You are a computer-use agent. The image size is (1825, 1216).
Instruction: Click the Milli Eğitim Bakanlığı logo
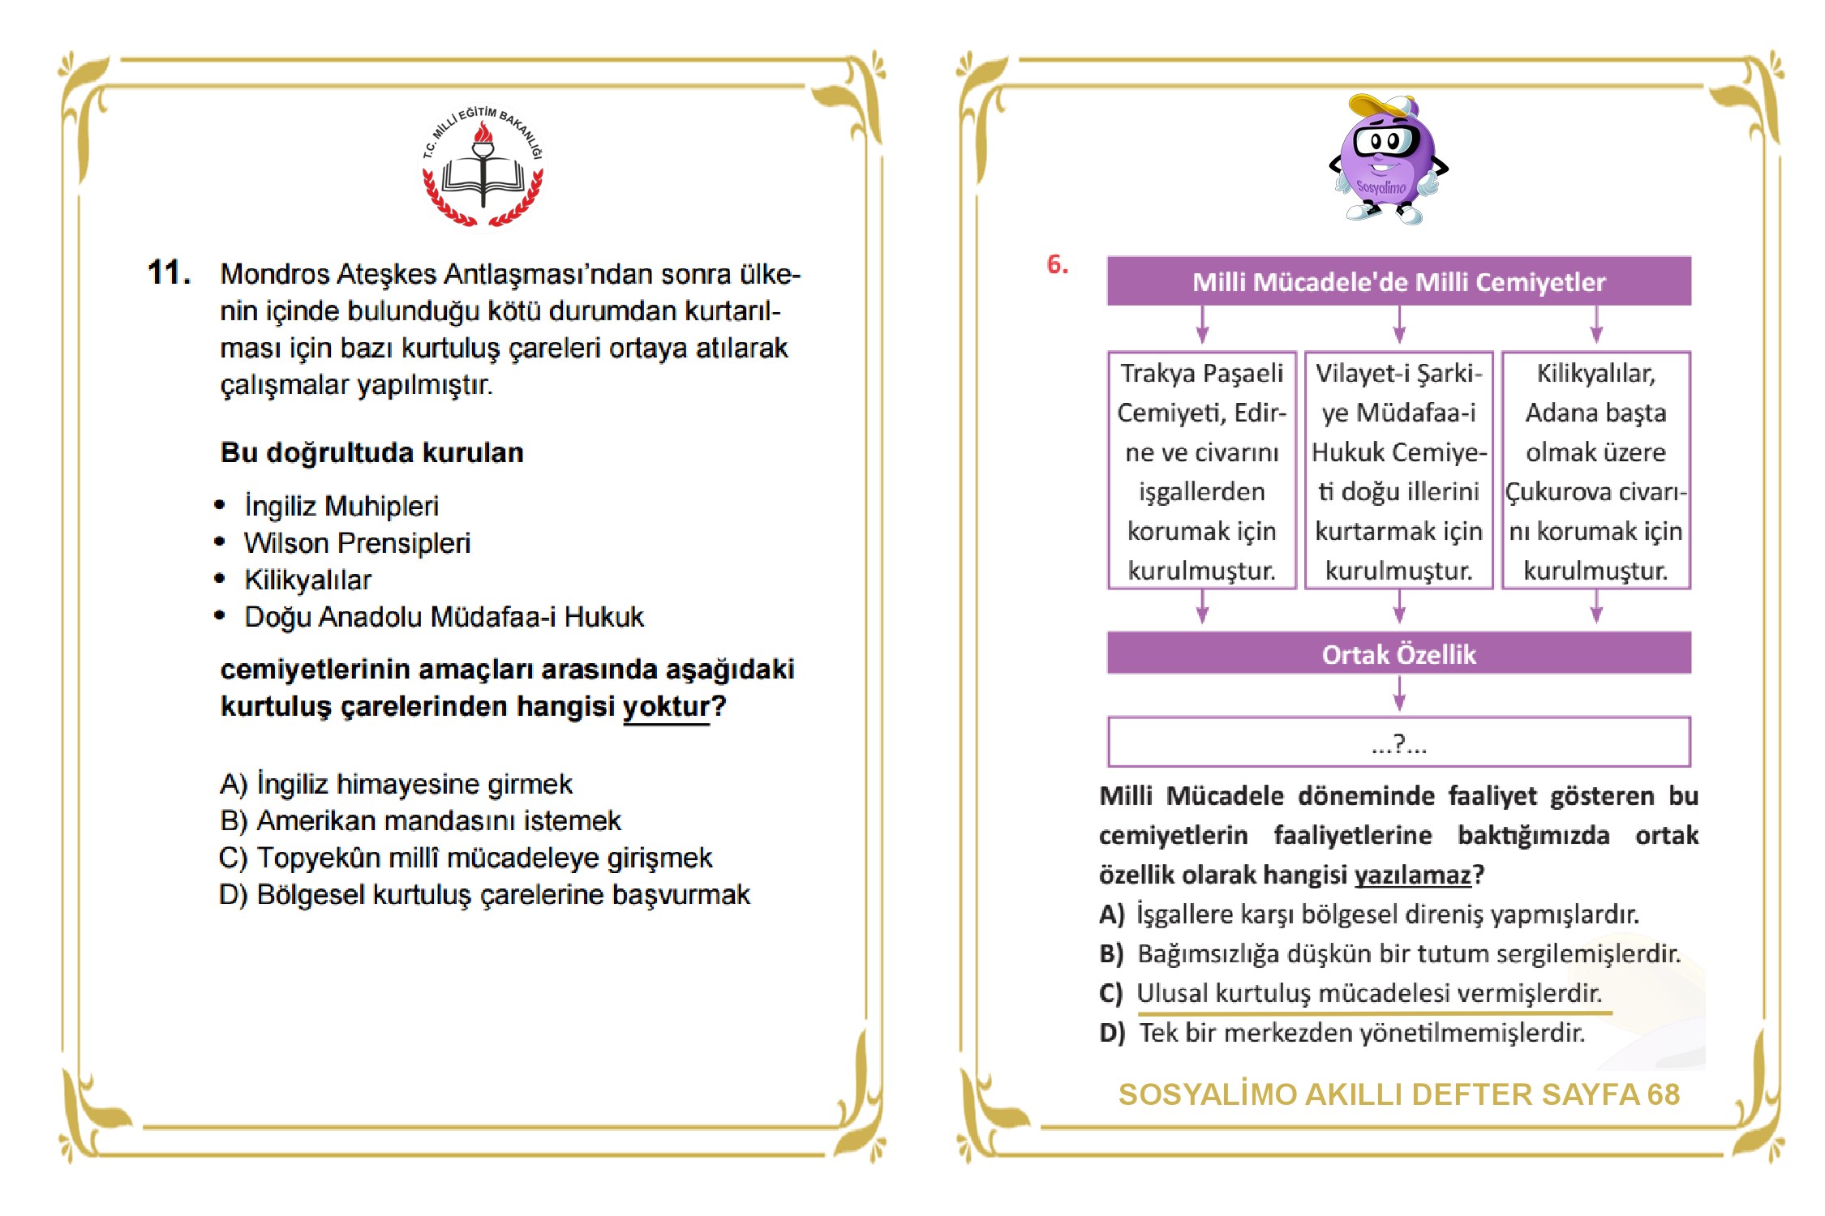coord(483,167)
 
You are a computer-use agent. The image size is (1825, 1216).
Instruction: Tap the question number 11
coord(169,273)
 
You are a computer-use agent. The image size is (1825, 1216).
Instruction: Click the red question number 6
coord(1057,264)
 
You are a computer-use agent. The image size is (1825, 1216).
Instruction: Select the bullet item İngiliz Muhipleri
coord(341,506)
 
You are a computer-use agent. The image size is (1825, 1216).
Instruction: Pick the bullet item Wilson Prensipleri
coord(357,543)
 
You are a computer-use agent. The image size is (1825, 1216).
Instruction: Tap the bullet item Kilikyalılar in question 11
coord(307,580)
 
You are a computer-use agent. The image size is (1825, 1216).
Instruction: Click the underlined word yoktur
coord(666,707)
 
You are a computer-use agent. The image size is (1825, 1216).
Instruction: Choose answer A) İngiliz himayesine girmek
coord(396,784)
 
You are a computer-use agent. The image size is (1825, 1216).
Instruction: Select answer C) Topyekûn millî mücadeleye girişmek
coord(466,858)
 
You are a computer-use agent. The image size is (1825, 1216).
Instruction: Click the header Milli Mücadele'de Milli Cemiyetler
coord(1398,281)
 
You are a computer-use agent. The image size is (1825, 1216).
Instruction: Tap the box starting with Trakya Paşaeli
coord(1202,470)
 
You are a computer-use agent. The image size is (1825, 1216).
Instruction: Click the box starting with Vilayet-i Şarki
coord(1398,470)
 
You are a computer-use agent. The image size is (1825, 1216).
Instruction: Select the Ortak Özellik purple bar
coord(1398,653)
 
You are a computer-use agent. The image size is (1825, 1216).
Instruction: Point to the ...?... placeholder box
coord(1398,742)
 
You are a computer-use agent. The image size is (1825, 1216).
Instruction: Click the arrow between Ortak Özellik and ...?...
coord(1399,694)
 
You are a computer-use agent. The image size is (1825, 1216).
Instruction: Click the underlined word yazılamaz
coord(1412,875)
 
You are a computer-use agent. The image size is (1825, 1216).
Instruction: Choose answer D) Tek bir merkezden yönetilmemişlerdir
coord(1342,1033)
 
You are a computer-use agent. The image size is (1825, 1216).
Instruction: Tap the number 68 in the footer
coord(1663,1094)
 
